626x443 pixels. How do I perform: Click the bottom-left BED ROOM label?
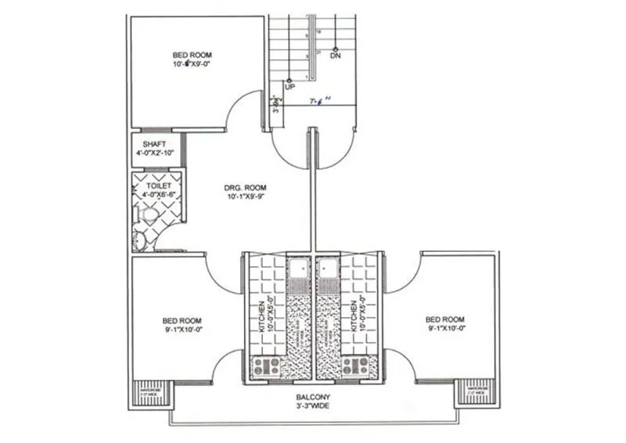point(182,321)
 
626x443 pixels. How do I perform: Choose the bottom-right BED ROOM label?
point(445,320)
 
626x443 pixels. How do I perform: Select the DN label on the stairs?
point(336,57)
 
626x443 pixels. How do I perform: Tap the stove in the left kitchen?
point(269,365)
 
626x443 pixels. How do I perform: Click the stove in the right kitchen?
point(357,365)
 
